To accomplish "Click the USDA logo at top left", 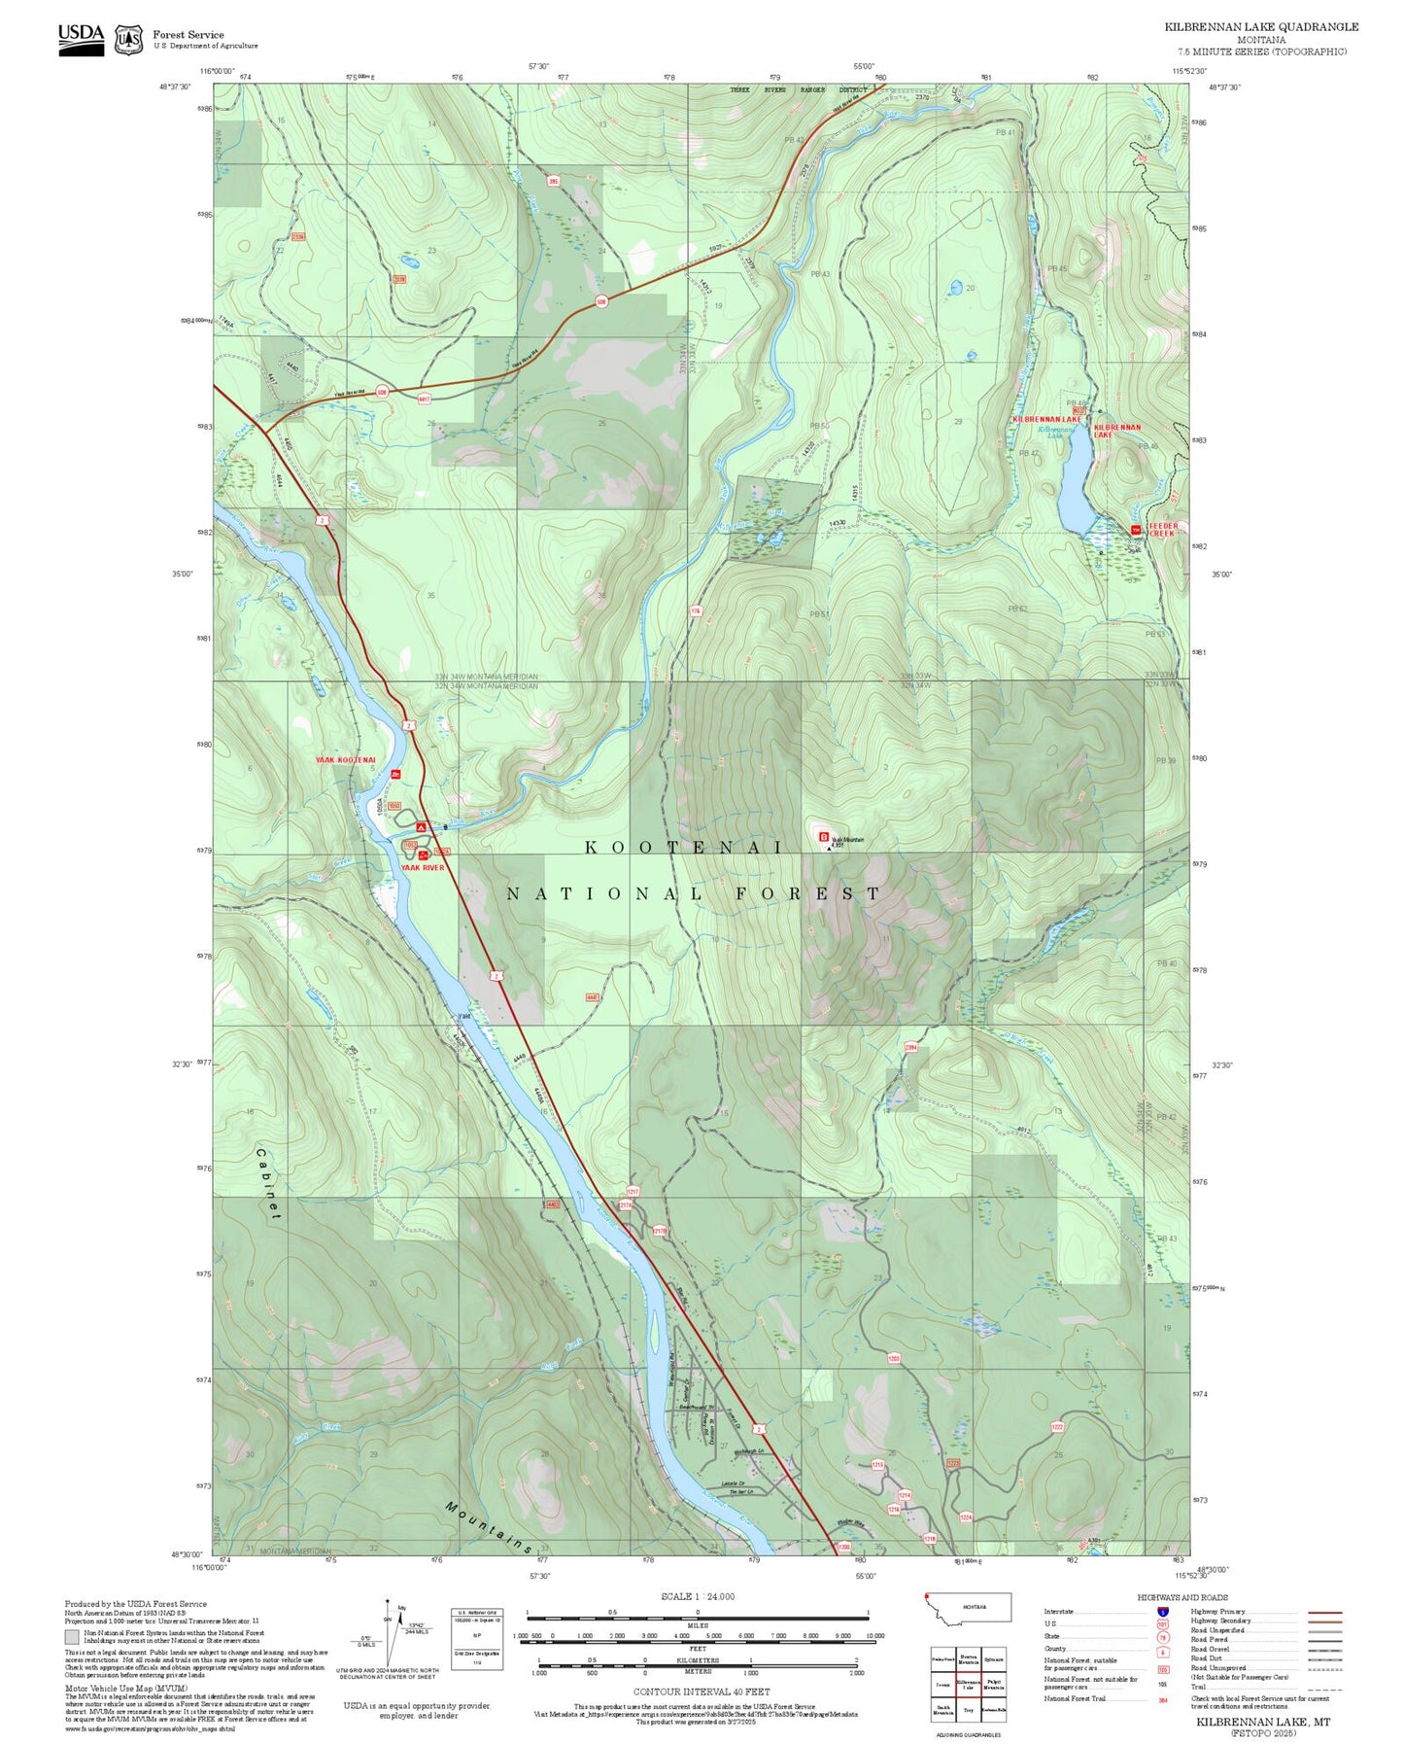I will point(81,38).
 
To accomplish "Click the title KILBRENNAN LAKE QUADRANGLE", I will point(1261,27).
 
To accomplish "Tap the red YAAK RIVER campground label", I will point(422,867).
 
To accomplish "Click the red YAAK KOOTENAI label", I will point(345,760).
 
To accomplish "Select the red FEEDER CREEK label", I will point(1162,530).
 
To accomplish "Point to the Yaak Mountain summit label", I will point(846,840).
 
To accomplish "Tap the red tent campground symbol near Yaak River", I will point(421,826).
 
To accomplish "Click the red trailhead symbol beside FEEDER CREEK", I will point(1135,530).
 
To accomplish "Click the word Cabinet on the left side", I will point(269,1183).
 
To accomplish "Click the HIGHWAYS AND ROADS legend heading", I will point(1182,1597).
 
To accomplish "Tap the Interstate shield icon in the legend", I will point(1162,1612).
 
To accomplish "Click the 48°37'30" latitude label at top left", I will point(175,87).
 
